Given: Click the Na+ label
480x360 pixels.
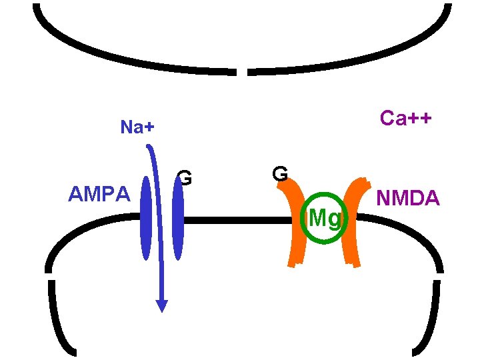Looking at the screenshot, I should (137, 127).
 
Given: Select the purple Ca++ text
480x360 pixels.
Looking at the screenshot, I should (405, 118).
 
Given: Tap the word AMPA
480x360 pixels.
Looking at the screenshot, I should (100, 195).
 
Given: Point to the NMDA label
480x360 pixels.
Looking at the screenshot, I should (408, 198).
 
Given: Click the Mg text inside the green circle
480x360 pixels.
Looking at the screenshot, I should (324, 217).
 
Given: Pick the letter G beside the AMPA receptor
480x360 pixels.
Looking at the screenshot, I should (185, 179).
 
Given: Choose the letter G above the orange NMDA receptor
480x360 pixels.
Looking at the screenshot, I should (280, 173).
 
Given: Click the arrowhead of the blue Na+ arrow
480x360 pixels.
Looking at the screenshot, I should (161, 305).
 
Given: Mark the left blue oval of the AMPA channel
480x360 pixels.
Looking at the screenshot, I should (146, 218).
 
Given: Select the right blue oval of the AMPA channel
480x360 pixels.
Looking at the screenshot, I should (177, 218).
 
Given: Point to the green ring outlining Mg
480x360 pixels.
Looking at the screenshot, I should (303, 217).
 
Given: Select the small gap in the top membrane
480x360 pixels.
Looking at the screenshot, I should (243, 71).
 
